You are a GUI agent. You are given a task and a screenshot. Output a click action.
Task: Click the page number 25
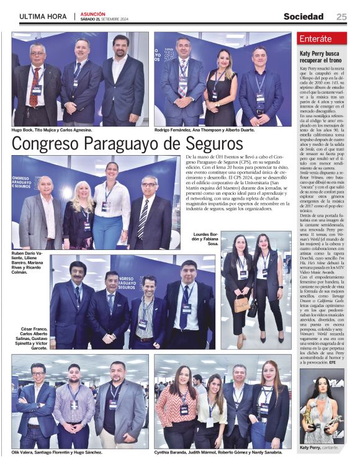(341, 16)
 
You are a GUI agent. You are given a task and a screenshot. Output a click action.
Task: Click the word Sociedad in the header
(304, 16)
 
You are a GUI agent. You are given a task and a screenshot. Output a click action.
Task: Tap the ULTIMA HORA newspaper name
(43, 16)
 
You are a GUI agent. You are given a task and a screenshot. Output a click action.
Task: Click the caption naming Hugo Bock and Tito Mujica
(52, 130)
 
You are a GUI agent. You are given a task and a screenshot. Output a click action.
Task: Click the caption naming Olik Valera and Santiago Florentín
(56, 452)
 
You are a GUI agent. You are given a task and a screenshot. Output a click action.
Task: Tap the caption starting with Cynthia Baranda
(210, 452)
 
